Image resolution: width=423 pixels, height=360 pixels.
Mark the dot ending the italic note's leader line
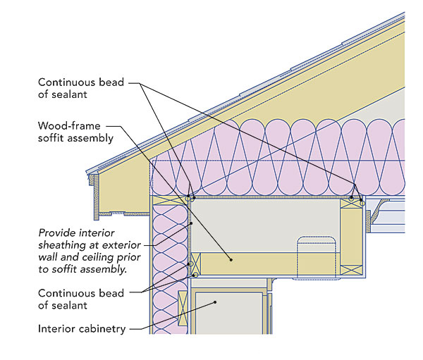(190, 224)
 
